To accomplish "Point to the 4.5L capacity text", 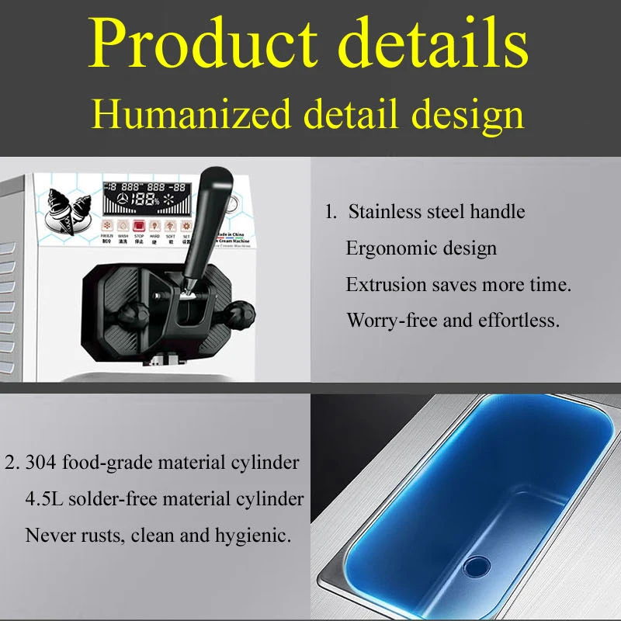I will tap(44, 499).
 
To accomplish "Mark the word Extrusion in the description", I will tap(383, 285).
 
